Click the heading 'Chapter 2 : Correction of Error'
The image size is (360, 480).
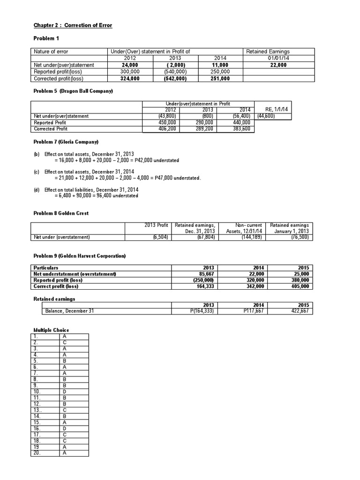(x=73, y=25)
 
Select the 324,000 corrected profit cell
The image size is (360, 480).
(x=123, y=79)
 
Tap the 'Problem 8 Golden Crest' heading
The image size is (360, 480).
(x=61, y=213)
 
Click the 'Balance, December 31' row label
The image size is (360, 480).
(x=69, y=310)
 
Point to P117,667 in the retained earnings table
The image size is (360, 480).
(x=250, y=310)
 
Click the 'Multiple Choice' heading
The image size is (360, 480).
(x=51, y=330)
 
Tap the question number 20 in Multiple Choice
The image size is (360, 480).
(x=37, y=453)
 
